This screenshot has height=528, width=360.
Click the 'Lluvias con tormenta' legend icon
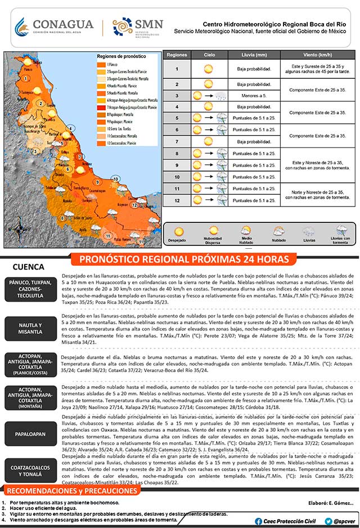[342, 231]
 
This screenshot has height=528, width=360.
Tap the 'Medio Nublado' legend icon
[246, 231]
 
